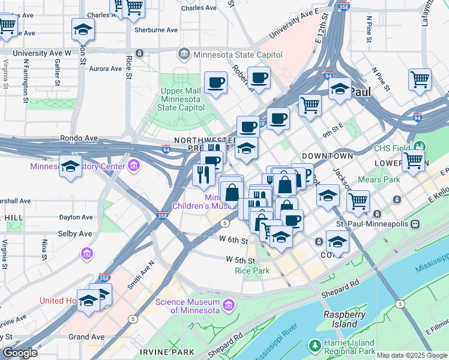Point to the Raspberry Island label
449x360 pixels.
coord(345,319)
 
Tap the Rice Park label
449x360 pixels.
coord(252,271)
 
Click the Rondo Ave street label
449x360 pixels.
coord(79,138)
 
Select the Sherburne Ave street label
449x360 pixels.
coord(156,29)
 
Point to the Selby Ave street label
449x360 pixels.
coord(74,233)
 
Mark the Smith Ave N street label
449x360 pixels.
coord(140,275)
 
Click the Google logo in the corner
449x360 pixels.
coord(20,353)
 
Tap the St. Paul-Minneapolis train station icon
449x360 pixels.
coord(414,223)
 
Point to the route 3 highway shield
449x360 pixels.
coord(400,305)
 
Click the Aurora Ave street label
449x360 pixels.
coord(106,69)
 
